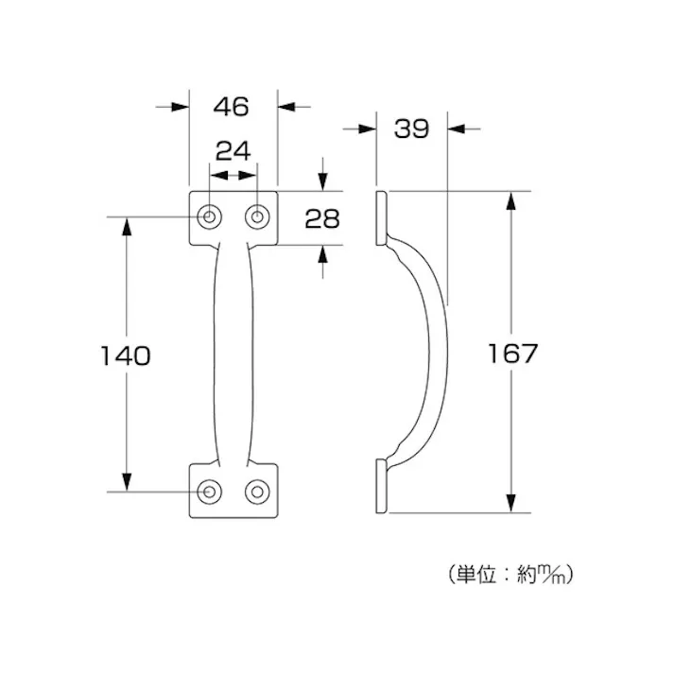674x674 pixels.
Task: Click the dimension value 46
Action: pyautogui.click(x=231, y=107)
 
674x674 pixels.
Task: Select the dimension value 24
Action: pyautogui.click(x=233, y=150)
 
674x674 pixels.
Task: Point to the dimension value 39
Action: pyautogui.click(x=411, y=129)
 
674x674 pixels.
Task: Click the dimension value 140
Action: pyautogui.click(x=125, y=355)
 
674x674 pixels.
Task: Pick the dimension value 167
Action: pyautogui.click(x=512, y=354)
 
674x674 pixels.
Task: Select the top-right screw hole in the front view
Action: pyautogui.click(x=256, y=217)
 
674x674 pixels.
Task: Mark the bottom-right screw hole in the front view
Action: pyautogui.click(x=256, y=492)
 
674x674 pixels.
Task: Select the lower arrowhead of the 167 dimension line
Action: pyautogui.click(x=511, y=505)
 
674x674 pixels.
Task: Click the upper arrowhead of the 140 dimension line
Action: pyautogui.click(x=125, y=225)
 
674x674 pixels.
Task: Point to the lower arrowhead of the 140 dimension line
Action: pyautogui.click(x=125, y=483)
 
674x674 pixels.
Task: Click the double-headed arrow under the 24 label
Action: pyautogui.click(x=233, y=176)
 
